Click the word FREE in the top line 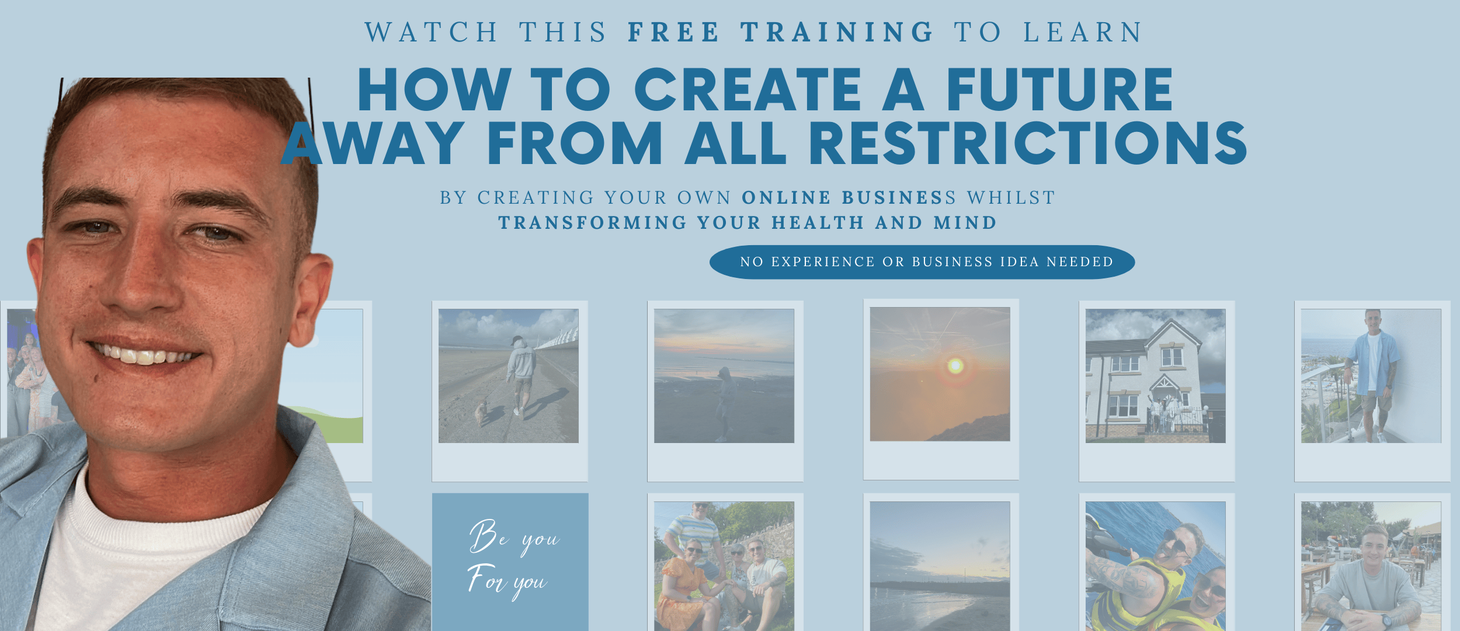click(x=673, y=32)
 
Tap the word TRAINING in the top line click(x=837, y=32)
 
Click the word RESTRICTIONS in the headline click(x=1028, y=143)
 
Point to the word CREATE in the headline click(x=748, y=89)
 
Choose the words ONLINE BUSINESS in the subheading click(x=849, y=198)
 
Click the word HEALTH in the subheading click(x=818, y=223)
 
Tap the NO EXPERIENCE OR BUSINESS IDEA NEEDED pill click(x=922, y=262)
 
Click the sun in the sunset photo click(x=955, y=366)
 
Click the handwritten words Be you click(x=514, y=536)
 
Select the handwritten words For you click(x=507, y=581)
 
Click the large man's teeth click(x=146, y=355)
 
